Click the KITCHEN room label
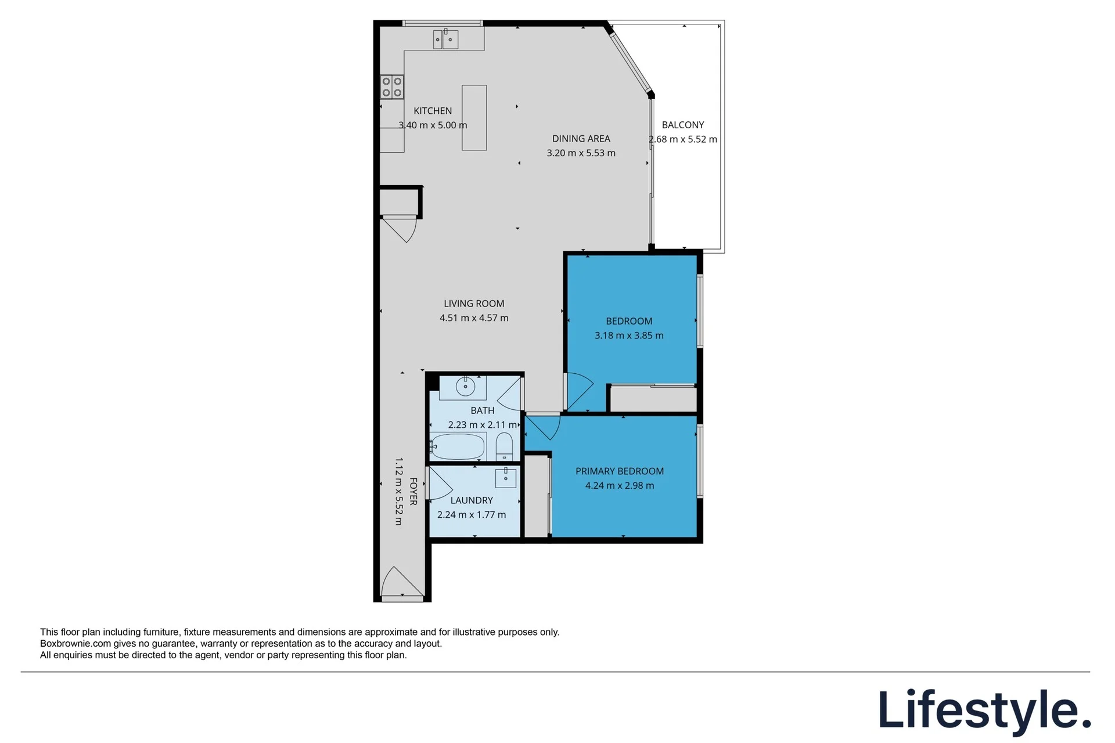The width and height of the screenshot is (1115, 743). coord(433,111)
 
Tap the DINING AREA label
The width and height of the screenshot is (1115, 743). coord(581,139)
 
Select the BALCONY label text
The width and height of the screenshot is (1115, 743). coord(683,125)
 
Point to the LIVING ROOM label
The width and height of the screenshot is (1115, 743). coord(474,304)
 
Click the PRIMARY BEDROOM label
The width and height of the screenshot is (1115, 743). coord(620,471)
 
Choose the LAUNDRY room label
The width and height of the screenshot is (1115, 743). coord(472,500)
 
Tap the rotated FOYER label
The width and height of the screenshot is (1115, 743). coord(413,491)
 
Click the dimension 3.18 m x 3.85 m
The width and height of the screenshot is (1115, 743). coord(629,336)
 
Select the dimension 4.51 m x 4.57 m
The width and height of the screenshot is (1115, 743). coord(474,318)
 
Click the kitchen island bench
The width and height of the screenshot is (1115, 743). coord(474,118)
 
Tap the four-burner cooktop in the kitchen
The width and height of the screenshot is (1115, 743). coord(392,87)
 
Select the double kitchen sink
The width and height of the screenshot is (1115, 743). coord(445,39)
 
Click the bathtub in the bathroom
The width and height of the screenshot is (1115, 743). coord(457,446)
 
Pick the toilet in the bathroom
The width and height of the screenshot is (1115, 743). coord(504,446)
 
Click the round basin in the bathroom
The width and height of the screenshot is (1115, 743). coord(465,386)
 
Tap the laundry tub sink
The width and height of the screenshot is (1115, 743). coord(506,478)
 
